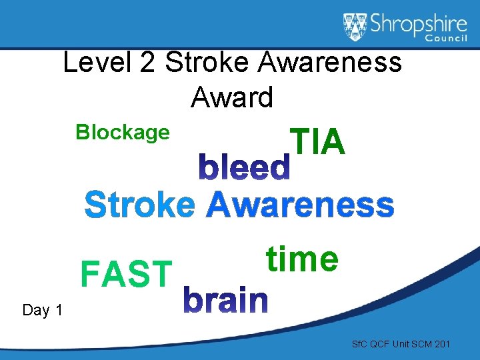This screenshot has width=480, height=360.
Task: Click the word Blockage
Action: [123, 133]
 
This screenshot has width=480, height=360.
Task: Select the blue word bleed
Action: [245, 169]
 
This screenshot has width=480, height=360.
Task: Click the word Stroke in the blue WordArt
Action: [140, 205]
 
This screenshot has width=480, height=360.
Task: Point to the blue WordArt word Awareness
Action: [300, 205]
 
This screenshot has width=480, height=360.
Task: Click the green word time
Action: [302, 259]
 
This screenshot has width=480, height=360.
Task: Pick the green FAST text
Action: [126, 274]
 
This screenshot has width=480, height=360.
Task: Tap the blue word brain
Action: [225, 301]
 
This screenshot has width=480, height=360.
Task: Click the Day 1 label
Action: [43, 310]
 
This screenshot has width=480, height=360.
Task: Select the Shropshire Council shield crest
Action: [355, 27]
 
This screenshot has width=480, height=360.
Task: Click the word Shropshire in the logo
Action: [415, 24]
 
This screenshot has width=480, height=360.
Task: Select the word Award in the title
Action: [232, 98]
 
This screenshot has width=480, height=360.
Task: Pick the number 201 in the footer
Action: [441, 344]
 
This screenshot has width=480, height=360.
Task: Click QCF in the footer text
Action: [378, 344]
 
